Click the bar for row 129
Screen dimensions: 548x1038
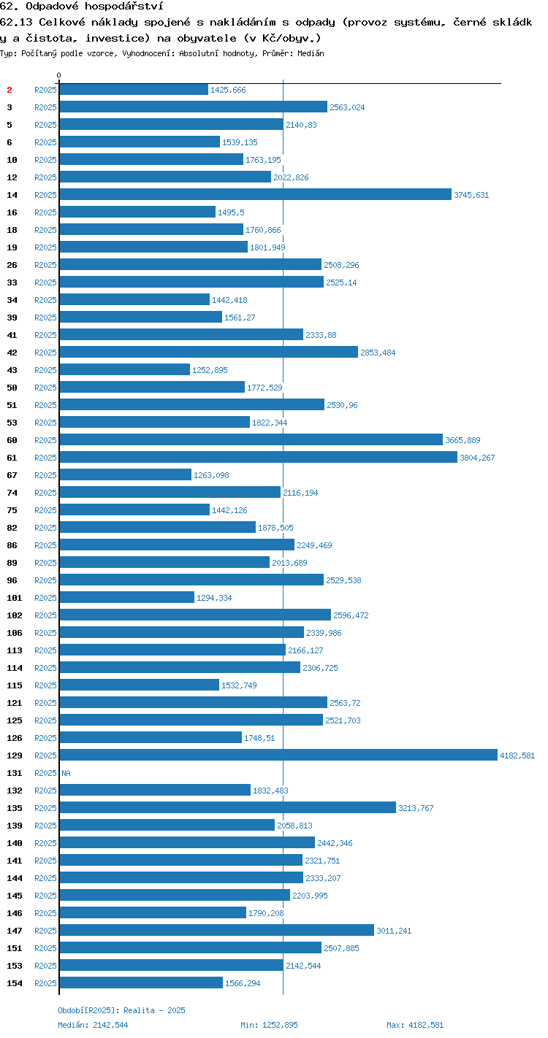click(278, 755)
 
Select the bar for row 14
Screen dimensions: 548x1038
click(256, 194)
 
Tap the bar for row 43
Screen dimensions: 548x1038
click(125, 369)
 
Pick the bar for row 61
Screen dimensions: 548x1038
click(259, 457)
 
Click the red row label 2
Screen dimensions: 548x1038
click(9, 90)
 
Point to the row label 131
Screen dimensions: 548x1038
click(15, 773)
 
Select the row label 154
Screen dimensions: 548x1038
click(15, 983)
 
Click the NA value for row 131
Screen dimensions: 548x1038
click(66, 773)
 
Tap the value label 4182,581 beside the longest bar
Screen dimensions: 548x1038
click(517, 756)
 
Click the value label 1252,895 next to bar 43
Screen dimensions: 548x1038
click(210, 370)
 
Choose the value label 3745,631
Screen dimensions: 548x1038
click(471, 195)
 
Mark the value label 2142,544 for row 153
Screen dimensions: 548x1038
click(303, 966)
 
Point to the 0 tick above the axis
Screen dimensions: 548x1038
click(58, 75)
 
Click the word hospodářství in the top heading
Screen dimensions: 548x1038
click(124, 7)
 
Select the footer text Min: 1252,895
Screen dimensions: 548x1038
click(269, 1025)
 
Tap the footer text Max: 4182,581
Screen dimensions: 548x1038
click(415, 1025)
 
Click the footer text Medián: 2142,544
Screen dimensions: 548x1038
click(93, 1025)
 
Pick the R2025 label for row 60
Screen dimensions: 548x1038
click(45, 439)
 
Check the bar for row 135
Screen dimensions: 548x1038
click(228, 807)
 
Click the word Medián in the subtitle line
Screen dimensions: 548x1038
click(311, 53)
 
